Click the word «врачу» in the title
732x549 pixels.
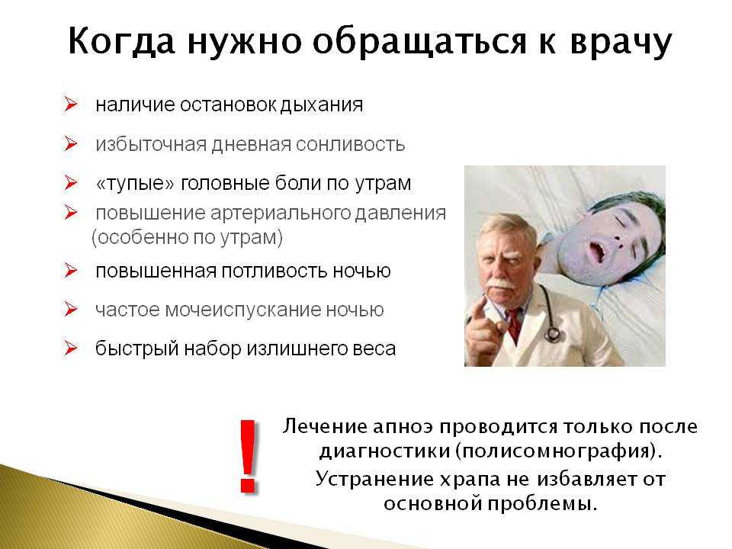(621, 43)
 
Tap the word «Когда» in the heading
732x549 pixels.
(122, 41)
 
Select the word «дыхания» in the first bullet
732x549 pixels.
(322, 105)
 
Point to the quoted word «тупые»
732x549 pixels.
(136, 183)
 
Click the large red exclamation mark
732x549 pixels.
(248, 456)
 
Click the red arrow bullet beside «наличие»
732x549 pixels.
(71, 104)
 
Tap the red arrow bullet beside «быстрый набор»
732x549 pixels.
(71, 348)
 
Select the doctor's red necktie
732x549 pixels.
(513, 326)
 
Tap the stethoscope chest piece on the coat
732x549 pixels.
(553, 333)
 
